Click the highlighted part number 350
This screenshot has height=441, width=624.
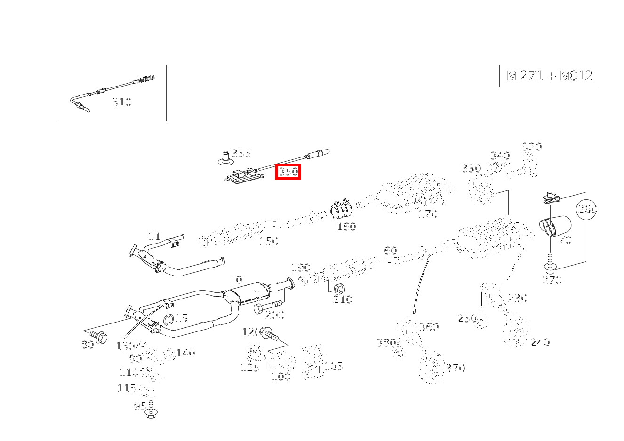288,172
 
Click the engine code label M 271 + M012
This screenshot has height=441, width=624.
549,76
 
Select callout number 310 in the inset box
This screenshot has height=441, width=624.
121,102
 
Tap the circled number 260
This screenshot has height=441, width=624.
587,209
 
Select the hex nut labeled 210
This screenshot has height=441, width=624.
339,288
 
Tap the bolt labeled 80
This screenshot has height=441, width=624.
99,336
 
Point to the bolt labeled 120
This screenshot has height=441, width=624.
270,335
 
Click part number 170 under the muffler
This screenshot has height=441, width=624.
428,214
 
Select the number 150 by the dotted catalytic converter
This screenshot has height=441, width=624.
269,241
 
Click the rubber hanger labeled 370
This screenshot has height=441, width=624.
432,368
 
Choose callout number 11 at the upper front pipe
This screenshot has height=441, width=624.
154,236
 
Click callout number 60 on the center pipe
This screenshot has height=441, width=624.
390,251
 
